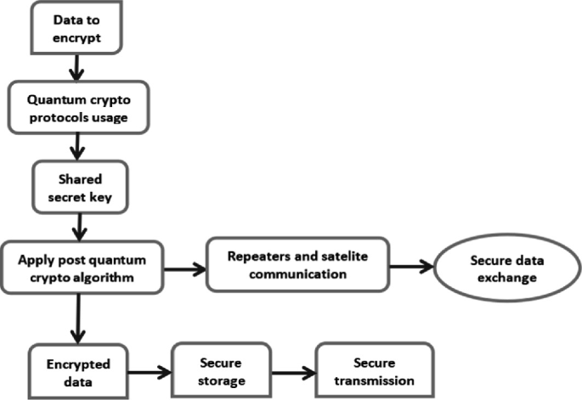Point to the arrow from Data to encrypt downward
pos(76,66)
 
